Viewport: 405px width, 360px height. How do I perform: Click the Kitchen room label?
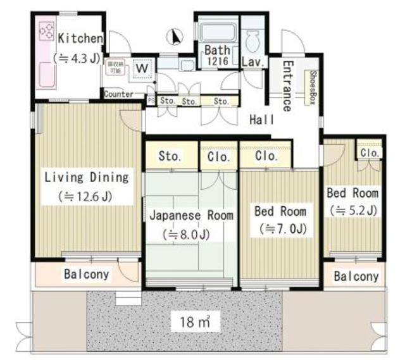point(80,39)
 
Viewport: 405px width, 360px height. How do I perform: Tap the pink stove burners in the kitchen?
point(47,32)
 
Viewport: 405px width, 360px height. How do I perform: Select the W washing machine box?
point(143,68)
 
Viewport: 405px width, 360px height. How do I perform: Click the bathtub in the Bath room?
point(216,34)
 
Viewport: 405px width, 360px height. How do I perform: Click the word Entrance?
point(286,86)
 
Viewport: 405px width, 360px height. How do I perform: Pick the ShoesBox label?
point(313,87)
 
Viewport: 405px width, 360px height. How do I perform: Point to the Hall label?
point(261,119)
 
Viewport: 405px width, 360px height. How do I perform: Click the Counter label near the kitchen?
point(119,94)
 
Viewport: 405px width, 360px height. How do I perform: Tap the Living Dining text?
point(86,177)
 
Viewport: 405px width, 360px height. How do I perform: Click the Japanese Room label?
point(191,215)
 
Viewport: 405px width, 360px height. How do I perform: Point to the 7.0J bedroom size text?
point(280,228)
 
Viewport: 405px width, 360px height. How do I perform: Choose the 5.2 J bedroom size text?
point(352,210)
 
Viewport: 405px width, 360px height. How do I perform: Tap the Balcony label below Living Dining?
point(87,275)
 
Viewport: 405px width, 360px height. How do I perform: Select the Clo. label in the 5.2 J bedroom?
point(370,152)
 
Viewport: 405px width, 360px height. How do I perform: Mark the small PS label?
point(151,100)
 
